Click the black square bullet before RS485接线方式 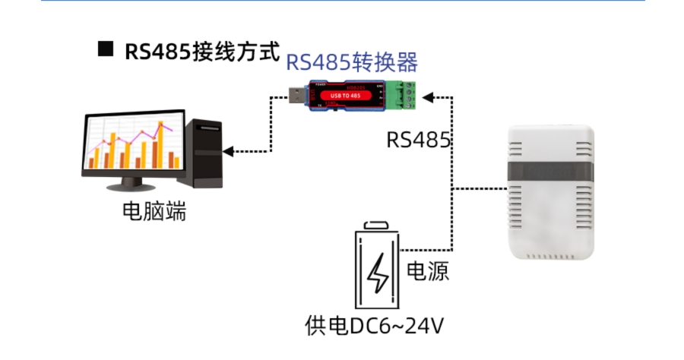[x=105, y=50]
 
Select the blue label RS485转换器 [x=352, y=62]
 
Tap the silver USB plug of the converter [x=296, y=96]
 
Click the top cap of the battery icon [x=378, y=226]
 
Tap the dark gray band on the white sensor [x=550, y=172]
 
